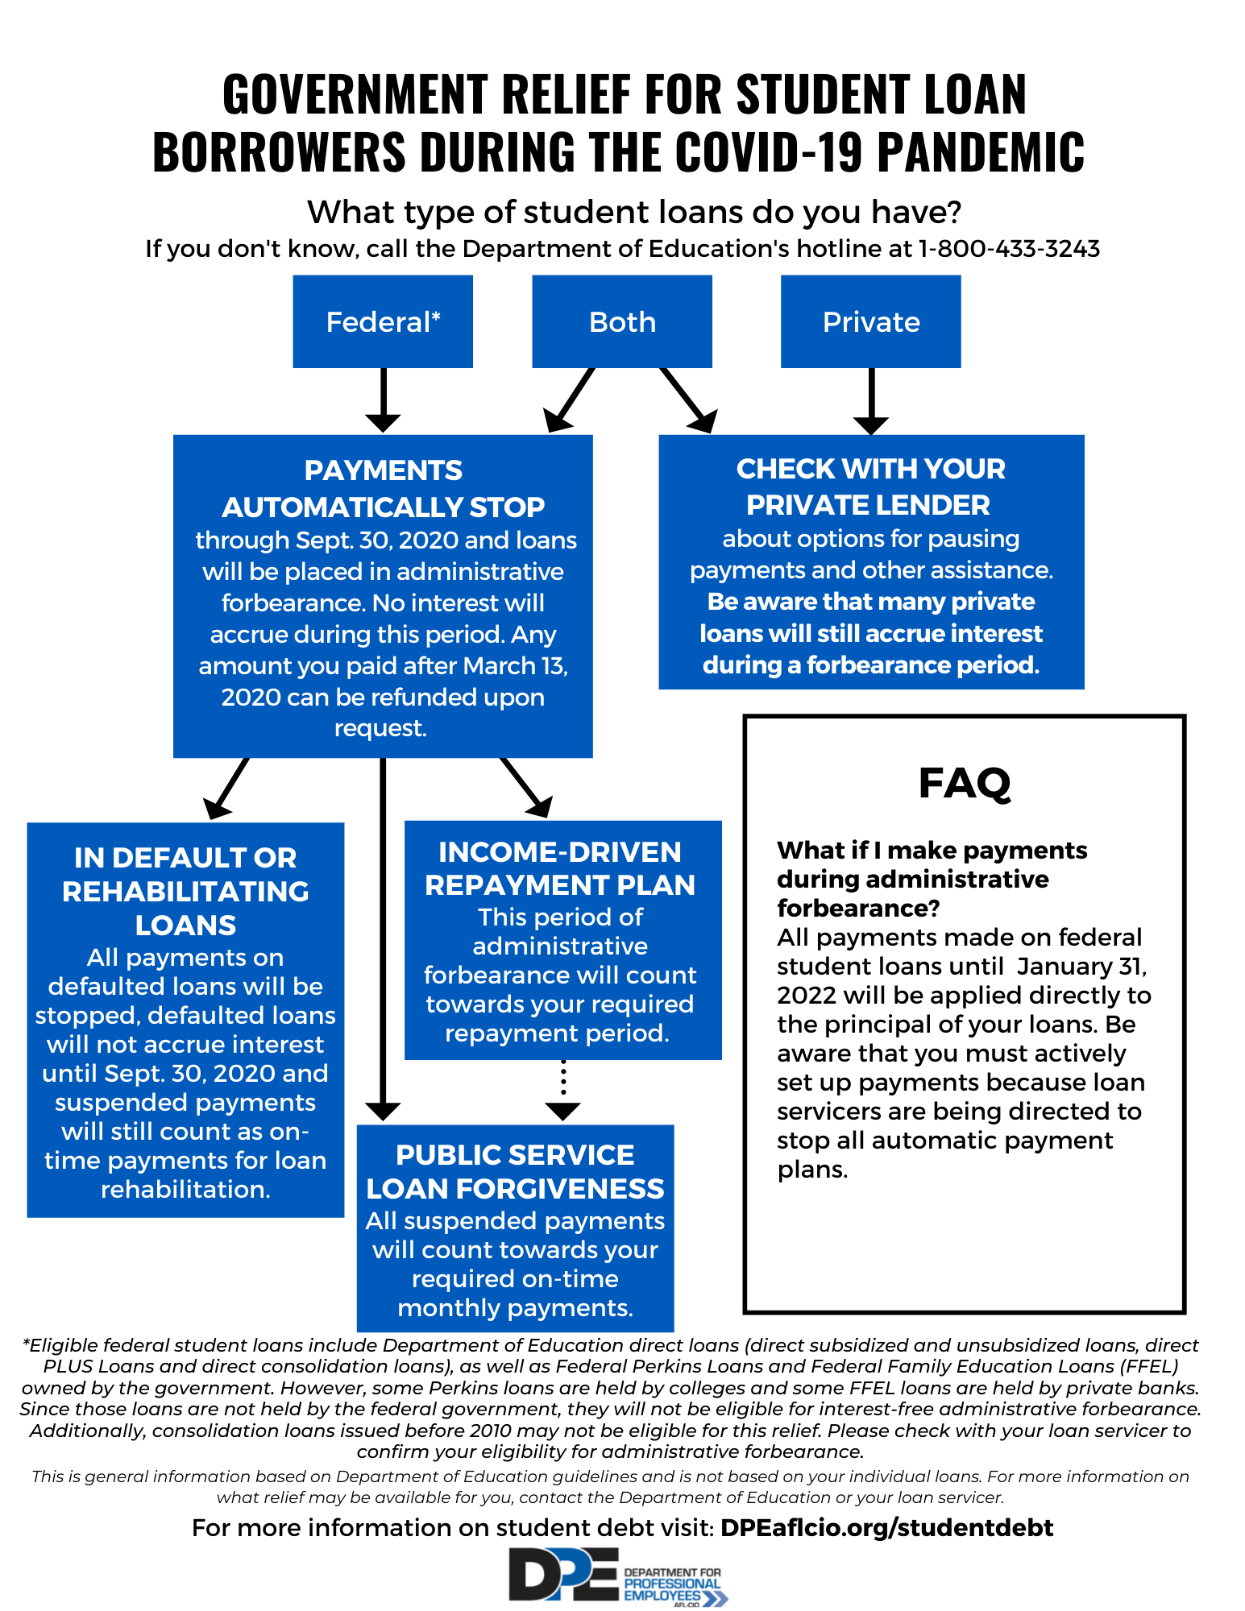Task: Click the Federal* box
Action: click(383, 321)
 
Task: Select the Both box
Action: click(622, 321)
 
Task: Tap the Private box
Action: click(870, 321)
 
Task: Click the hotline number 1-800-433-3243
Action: click(1009, 249)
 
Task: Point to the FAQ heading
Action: click(965, 783)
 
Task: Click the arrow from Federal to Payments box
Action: click(383, 400)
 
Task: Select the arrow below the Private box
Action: click(871, 401)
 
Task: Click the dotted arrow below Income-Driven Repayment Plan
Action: click(562, 1091)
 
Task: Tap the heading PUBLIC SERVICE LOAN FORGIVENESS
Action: click(515, 1172)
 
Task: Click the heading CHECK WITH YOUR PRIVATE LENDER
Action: click(870, 487)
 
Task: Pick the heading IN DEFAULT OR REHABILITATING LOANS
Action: click(185, 891)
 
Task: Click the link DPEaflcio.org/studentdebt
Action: click(886, 1528)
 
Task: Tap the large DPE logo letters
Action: click(563, 1575)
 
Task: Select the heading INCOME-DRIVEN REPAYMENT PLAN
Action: click(560, 868)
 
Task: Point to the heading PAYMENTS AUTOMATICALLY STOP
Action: click(383, 488)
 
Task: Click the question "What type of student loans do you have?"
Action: click(634, 212)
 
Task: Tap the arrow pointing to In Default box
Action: click(226, 789)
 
